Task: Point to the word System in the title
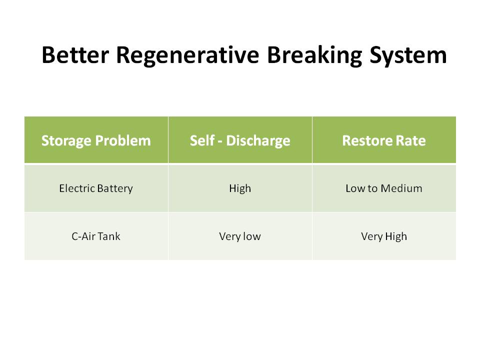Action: click(405, 55)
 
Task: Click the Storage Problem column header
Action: click(96, 140)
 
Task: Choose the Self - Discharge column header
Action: click(240, 140)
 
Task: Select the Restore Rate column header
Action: click(384, 140)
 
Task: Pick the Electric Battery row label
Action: click(96, 188)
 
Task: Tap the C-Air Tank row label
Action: click(96, 236)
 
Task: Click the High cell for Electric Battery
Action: click(240, 188)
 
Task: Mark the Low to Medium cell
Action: click(384, 188)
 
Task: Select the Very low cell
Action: click(240, 236)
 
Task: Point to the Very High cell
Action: click(384, 236)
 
